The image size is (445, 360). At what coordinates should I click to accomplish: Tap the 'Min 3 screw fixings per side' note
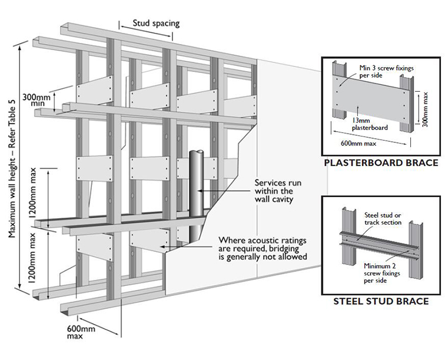pos(387,72)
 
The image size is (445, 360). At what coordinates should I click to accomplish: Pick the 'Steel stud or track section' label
pos(383,218)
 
